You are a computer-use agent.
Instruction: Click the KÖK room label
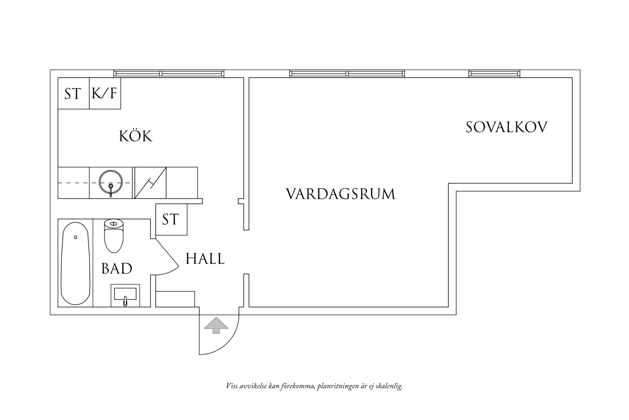point(136,136)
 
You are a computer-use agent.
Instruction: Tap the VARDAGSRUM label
point(340,194)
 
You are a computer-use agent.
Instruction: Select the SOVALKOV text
point(506,127)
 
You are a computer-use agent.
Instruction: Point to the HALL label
point(205,259)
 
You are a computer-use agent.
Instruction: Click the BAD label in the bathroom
point(117,269)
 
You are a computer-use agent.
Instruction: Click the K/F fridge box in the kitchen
point(105,93)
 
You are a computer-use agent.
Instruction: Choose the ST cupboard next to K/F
point(73,93)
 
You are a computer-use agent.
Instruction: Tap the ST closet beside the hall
point(171,219)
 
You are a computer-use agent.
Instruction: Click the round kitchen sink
point(111,183)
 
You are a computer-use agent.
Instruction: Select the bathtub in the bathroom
point(75,263)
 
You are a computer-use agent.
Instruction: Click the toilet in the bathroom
point(113,235)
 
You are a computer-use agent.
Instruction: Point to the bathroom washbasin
point(125,295)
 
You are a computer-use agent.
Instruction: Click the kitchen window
point(169,74)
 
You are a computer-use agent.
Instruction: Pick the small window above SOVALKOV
point(494,74)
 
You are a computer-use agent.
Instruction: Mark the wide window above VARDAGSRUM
point(347,74)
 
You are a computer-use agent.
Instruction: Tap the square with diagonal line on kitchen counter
point(151,183)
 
